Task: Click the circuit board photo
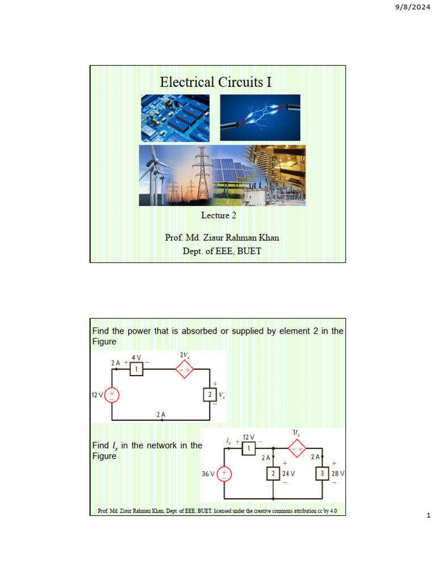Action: pos(175,117)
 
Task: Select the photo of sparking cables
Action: pos(260,117)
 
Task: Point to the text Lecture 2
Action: pos(218,215)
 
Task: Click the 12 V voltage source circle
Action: pos(112,394)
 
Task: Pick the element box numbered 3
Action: pos(322,473)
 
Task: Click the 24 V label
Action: pos(289,473)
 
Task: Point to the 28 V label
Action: pos(338,473)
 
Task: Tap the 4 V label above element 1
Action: pos(136,358)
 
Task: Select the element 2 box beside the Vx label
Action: pos(210,394)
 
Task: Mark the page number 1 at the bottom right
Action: pos(429,516)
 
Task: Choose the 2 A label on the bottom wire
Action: pos(161,414)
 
